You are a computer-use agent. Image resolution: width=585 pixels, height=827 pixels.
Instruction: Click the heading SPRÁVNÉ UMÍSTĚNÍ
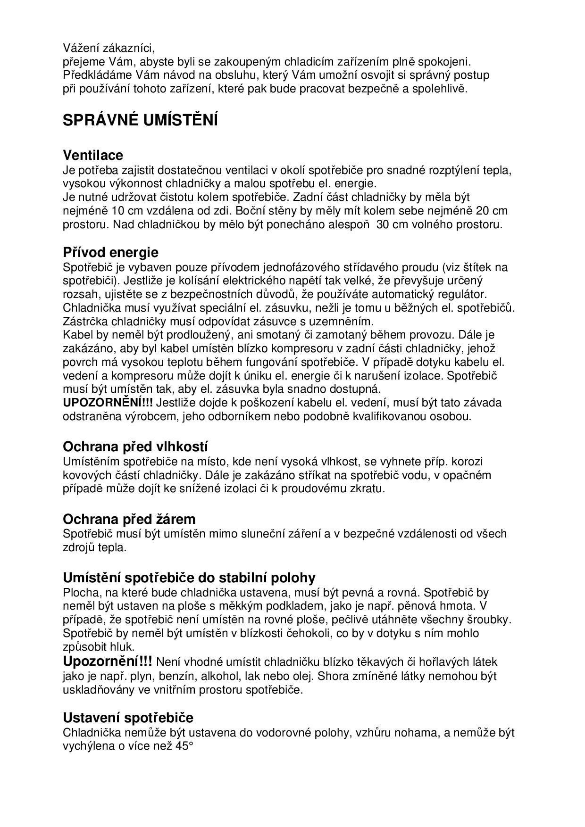point(140,121)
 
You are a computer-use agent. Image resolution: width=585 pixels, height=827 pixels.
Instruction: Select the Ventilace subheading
point(93,155)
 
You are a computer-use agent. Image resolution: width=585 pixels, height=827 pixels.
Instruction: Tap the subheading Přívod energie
point(110,252)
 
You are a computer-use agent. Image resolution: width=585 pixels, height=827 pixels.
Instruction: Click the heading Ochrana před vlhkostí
point(135,447)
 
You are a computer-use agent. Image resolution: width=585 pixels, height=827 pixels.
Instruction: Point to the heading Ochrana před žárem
point(129,519)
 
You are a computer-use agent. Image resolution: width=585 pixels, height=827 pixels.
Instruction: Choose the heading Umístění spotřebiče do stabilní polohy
point(189,578)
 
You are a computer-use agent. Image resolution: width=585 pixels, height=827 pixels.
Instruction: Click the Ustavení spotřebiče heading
point(128,718)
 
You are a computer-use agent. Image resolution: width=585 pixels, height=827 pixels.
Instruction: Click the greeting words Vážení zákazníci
point(109,48)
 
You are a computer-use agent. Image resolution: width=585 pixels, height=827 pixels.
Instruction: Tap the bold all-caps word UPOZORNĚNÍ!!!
point(108,403)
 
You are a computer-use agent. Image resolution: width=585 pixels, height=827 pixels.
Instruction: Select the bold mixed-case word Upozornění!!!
point(108,662)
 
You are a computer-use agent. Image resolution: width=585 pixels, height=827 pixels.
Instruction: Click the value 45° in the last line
point(184,746)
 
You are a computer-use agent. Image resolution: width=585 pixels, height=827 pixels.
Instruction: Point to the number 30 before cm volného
point(384,224)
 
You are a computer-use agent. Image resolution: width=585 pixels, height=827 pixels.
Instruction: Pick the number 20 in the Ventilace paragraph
point(482,210)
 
